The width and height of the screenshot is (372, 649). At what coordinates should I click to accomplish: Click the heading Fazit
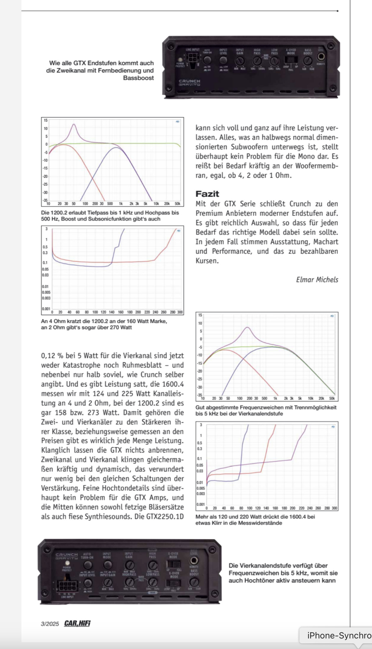click(x=207, y=194)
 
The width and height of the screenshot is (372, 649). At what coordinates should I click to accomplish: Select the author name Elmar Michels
click(x=317, y=280)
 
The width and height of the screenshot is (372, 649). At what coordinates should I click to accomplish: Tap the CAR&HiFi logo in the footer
click(x=77, y=623)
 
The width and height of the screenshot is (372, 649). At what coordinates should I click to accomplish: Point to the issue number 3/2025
click(x=50, y=624)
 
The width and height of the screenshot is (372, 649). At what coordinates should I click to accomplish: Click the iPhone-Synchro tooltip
click(x=338, y=635)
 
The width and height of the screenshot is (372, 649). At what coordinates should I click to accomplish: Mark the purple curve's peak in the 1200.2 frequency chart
click(x=74, y=124)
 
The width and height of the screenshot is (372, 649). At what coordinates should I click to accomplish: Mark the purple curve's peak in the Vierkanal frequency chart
click(x=247, y=327)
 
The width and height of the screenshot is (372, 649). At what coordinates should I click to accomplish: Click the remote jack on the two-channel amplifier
click(x=321, y=57)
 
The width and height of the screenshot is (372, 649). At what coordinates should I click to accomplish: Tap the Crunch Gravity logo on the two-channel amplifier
click(x=189, y=83)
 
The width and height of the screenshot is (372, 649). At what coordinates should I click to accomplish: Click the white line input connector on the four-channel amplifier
click(x=66, y=585)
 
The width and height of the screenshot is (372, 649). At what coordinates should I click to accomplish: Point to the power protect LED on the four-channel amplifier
click(x=66, y=563)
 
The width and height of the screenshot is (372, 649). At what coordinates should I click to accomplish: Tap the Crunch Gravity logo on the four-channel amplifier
click(x=66, y=556)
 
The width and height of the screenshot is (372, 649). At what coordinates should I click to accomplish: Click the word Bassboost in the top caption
click(x=138, y=78)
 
